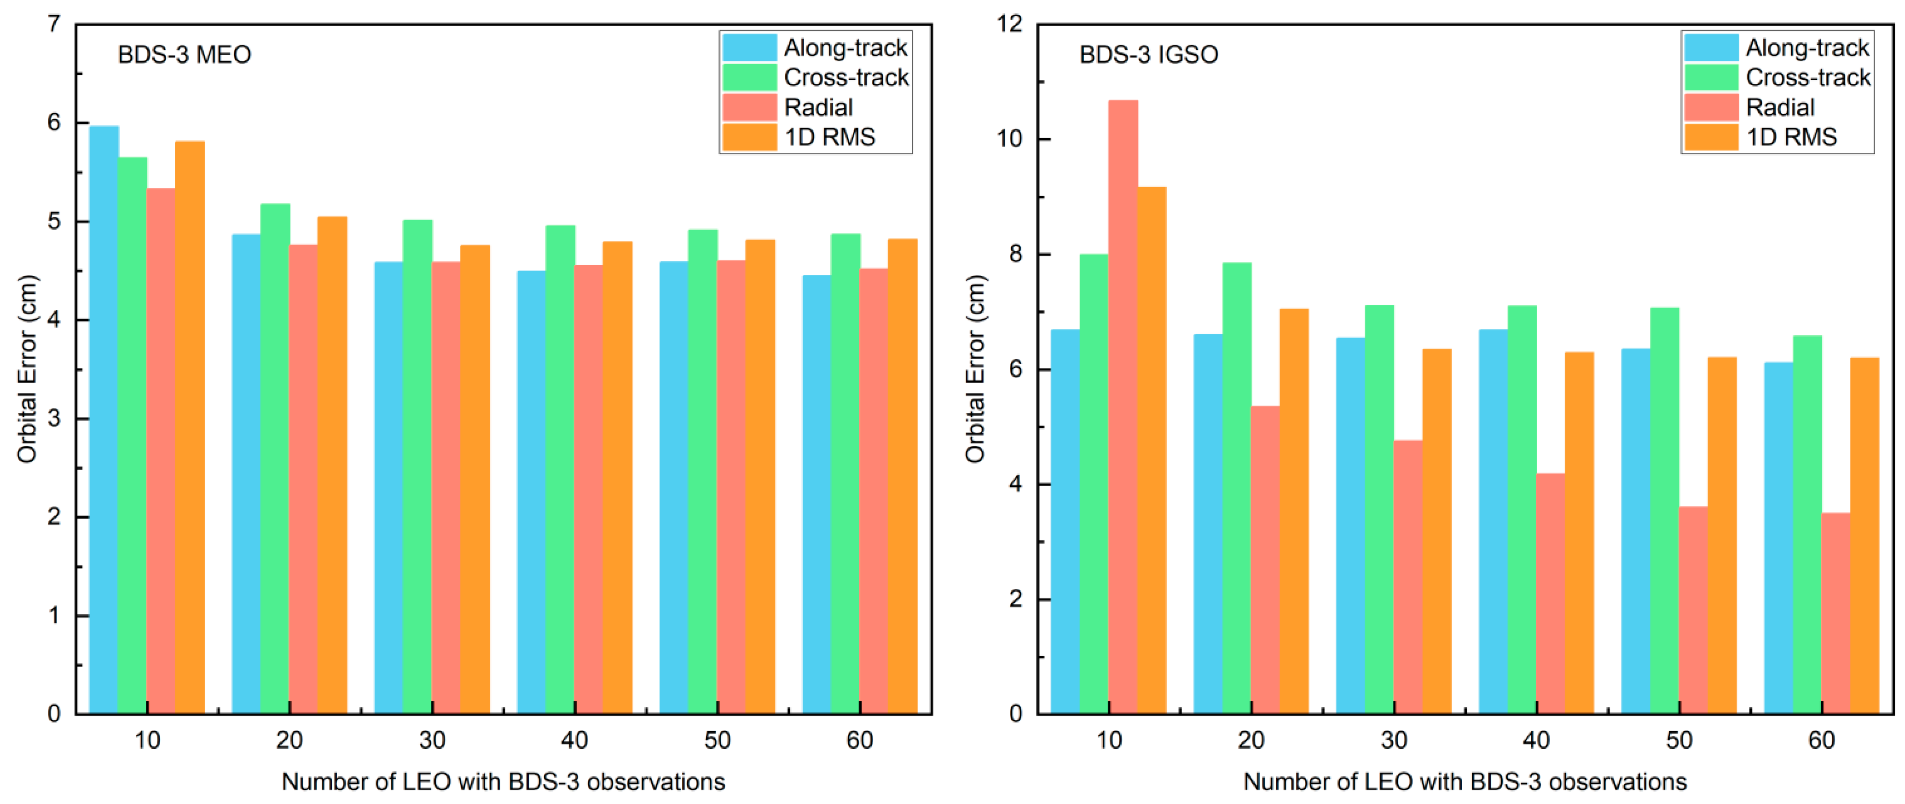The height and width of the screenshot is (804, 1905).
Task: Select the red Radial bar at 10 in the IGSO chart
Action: [x=1123, y=407]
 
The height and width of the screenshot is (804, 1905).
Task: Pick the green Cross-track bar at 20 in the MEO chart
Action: [x=275, y=459]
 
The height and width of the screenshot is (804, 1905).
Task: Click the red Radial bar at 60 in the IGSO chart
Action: [x=1836, y=613]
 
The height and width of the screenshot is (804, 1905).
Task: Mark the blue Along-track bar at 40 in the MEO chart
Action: [x=531, y=492]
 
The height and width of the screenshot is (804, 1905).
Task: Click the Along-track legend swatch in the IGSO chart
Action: [x=1710, y=48]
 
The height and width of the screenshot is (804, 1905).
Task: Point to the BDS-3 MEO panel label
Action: [x=184, y=55]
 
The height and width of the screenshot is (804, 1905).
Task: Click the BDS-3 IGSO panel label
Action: [x=1148, y=55]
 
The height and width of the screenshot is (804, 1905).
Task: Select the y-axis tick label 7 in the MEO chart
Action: [x=53, y=24]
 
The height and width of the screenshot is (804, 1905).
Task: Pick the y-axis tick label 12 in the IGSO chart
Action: [x=1009, y=24]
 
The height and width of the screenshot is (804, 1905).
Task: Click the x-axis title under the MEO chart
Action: [x=503, y=782]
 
